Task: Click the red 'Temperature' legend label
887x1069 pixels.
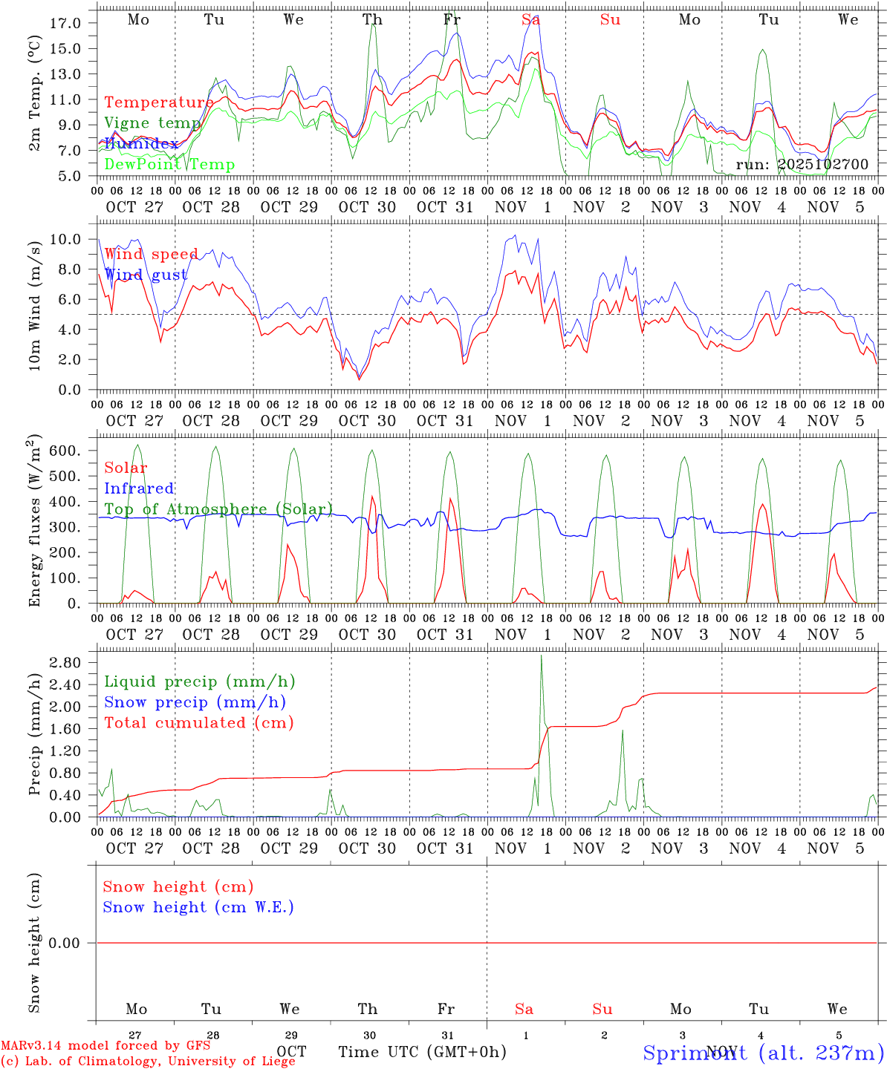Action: [158, 102]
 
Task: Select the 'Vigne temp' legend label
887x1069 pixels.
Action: [152, 122]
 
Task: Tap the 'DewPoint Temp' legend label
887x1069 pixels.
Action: [169, 164]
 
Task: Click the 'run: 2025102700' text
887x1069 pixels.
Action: [802, 164]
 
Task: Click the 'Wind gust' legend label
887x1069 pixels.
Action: [146, 275]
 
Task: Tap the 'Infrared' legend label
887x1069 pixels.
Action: [139, 488]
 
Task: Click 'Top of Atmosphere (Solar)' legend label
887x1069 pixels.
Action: [218, 509]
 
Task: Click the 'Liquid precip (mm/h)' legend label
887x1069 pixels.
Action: [199, 681]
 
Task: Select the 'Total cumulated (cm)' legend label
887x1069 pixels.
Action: [198, 722]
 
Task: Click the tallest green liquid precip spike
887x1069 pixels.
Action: [541, 657]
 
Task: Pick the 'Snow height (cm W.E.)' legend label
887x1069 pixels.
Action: [198, 907]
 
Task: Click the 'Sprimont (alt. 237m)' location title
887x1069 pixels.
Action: [763, 1053]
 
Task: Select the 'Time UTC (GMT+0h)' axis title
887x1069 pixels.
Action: [422, 1052]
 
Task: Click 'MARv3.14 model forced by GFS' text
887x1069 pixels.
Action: [105, 1046]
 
